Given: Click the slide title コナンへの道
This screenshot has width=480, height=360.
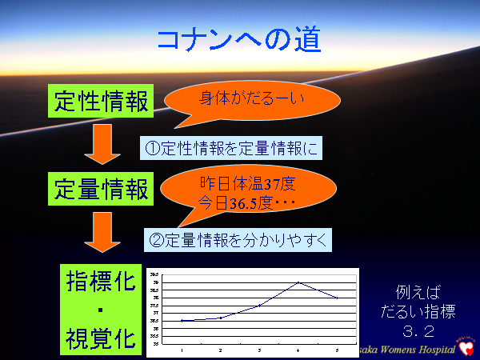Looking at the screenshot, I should pyautogui.click(x=240, y=40).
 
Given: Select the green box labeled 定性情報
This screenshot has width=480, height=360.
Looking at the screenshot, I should pyautogui.click(x=101, y=102).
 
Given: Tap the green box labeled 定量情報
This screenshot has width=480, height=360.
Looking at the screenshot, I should pyautogui.click(x=101, y=189).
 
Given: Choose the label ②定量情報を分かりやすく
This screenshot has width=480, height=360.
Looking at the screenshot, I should pyautogui.click(x=238, y=238).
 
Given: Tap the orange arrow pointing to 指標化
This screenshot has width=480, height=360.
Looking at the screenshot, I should pyautogui.click(x=101, y=233).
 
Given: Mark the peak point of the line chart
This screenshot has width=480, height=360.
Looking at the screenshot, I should pyautogui.click(x=298, y=282).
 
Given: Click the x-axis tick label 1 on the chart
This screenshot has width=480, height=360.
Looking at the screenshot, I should pyautogui.click(x=182, y=350).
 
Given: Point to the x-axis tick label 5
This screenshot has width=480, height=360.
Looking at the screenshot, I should pyautogui.click(x=337, y=350).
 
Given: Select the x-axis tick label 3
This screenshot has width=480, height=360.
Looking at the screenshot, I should pyautogui.click(x=259, y=350).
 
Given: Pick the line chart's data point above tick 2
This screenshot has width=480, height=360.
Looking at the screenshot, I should pyautogui.click(x=221, y=318).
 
